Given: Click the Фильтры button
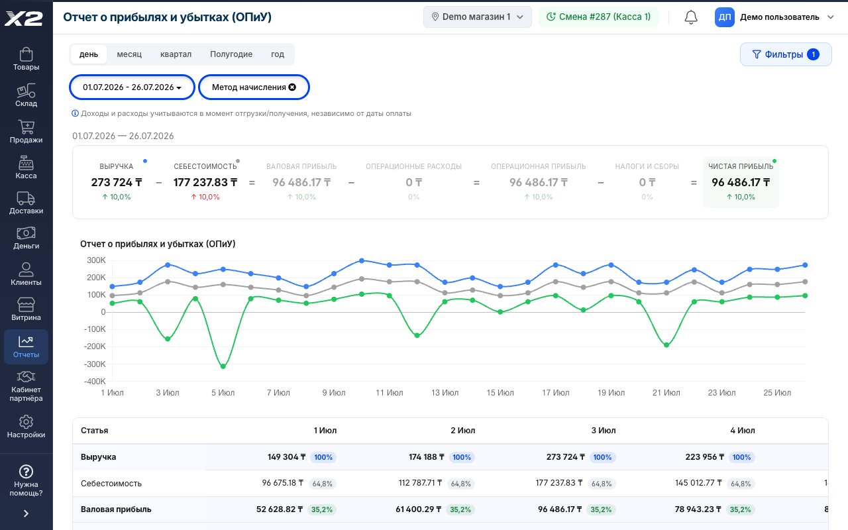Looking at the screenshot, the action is coord(786,54).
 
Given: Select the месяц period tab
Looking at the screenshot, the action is coord(129,54).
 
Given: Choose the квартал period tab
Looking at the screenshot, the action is coord(176,54).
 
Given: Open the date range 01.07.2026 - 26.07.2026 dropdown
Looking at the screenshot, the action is coord(132,87).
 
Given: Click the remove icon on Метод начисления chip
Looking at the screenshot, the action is coord(292,87).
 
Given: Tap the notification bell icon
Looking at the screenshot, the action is coord(691,17).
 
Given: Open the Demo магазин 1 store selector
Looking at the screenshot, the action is coord(478,17).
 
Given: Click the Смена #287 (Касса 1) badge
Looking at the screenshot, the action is coord(598,17).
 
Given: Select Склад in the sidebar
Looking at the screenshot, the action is coord(26,95).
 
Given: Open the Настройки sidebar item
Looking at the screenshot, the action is coord(26,427).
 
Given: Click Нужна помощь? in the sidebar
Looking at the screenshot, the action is coord(26,480).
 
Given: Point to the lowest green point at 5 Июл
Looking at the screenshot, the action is coord(223,366).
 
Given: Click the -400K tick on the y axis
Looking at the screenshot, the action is coord(95,381).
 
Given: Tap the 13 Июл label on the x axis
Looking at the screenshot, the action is coord(445,393).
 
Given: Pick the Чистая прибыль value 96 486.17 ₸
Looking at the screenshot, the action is coord(741,182).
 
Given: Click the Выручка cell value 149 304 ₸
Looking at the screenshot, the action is coord(287,457).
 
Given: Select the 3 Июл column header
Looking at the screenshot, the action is coord(604,431).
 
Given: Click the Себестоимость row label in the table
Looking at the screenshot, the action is coord(111,484).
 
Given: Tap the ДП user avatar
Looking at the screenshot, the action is coord(724,17).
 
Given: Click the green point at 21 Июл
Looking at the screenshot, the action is coord(666,345).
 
